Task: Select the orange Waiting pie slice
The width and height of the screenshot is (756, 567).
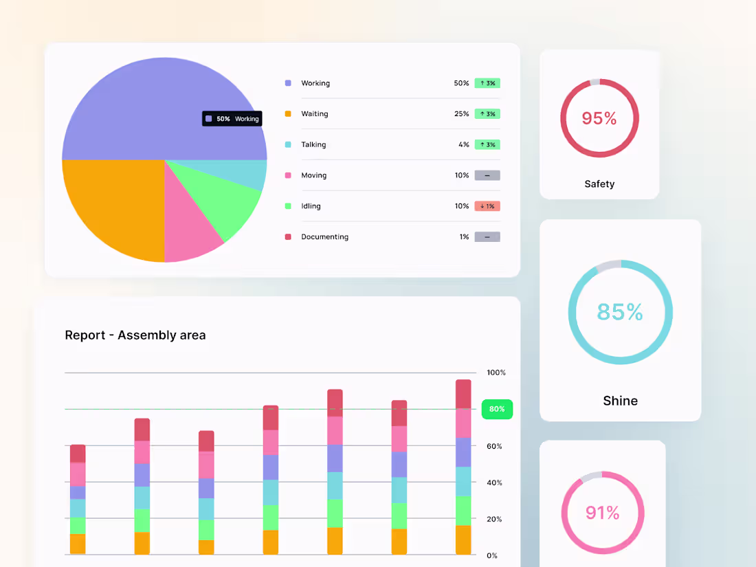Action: (113, 206)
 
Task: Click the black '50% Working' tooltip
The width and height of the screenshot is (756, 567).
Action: (232, 119)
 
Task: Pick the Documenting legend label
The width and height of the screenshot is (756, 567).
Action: (324, 237)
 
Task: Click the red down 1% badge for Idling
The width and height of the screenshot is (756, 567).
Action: (487, 206)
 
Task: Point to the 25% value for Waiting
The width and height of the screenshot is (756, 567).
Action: (461, 114)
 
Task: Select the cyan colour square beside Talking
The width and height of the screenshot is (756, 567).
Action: (288, 145)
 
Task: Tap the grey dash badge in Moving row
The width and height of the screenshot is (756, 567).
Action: (487, 175)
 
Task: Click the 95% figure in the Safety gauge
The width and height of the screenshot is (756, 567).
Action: (599, 118)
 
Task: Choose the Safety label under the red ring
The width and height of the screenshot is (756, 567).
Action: (599, 184)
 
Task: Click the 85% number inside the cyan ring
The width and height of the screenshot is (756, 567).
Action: (620, 312)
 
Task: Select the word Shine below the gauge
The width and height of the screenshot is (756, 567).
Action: (620, 401)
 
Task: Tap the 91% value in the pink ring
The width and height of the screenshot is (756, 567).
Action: (602, 513)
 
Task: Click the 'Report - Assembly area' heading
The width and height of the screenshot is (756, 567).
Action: (135, 335)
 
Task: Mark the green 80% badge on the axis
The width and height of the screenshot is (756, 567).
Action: (497, 409)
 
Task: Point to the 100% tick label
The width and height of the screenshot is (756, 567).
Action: (496, 373)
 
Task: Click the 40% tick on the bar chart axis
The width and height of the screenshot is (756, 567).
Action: (494, 482)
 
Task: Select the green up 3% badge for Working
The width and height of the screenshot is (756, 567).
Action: (487, 83)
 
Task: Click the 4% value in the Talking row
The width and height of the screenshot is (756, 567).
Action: (464, 145)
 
